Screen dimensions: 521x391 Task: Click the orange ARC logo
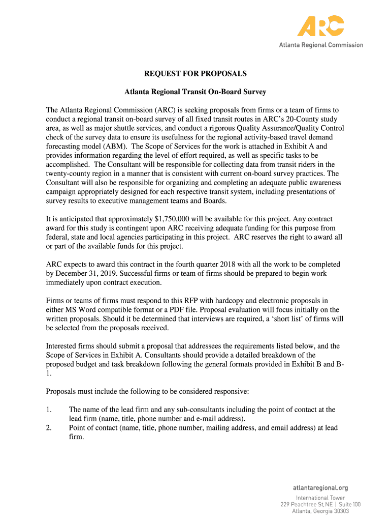pos(320,26)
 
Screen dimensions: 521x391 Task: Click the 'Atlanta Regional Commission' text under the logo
pos(321,45)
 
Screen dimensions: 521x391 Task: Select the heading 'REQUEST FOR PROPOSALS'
pos(195,74)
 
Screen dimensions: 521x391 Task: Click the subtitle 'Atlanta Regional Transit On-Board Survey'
pos(195,92)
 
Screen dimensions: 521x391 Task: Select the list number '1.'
pos(49,410)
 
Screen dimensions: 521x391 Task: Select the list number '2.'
pos(49,428)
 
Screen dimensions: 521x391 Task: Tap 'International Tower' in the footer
pos(320,498)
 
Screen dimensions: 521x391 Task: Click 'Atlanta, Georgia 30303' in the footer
pos(320,511)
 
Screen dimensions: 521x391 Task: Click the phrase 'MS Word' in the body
pos(81,309)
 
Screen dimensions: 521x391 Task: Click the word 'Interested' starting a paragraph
pos(62,346)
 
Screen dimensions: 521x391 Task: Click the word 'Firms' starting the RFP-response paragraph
pos(55,300)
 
